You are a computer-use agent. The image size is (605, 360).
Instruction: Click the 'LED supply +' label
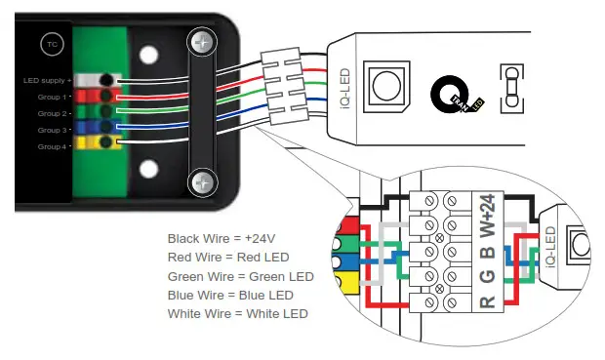click(x=45, y=81)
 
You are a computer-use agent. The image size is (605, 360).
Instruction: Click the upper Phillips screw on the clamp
click(x=204, y=44)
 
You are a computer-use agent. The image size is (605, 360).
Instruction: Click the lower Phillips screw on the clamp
click(x=204, y=180)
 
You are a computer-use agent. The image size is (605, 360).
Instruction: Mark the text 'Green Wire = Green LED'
click(x=240, y=276)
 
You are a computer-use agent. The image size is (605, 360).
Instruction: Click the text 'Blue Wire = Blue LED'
click(x=230, y=295)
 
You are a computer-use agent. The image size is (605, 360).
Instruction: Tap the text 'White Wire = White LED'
click(x=237, y=313)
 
